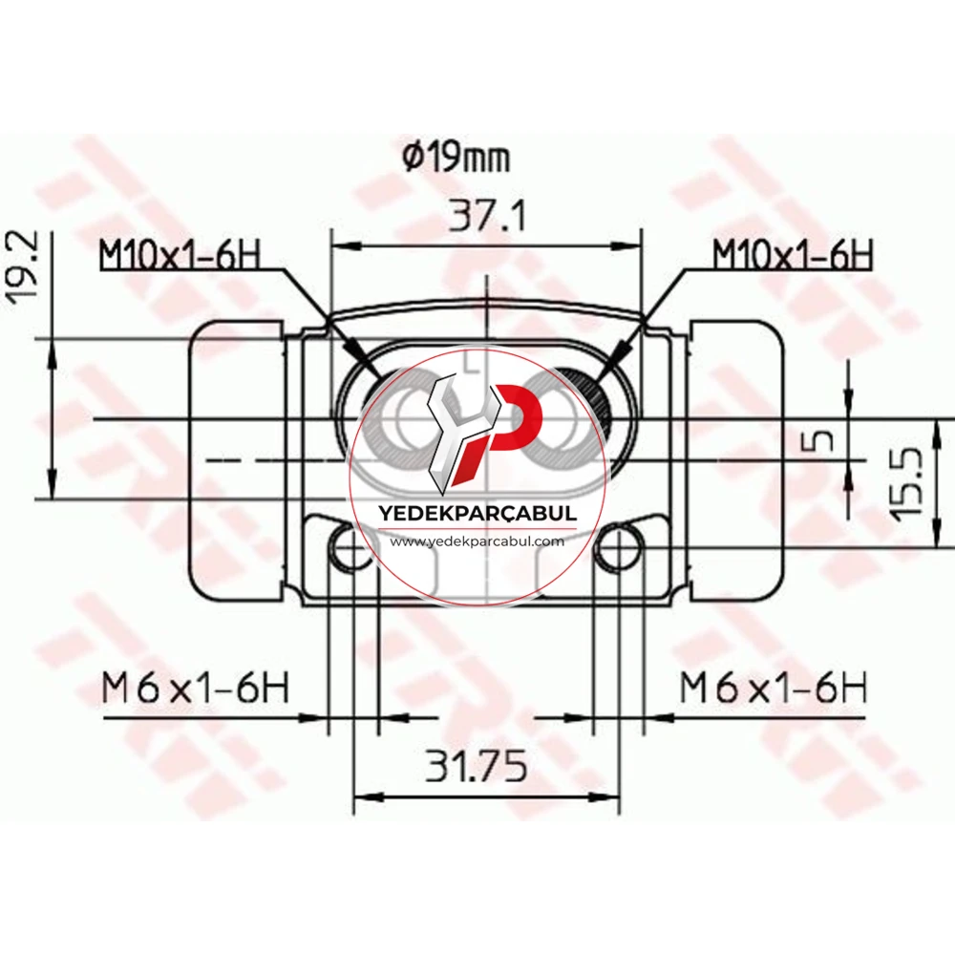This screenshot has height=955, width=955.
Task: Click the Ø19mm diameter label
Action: [456, 159]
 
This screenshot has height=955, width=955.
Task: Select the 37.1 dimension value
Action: [486, 216]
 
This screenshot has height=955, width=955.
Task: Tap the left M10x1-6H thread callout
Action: [180, 255]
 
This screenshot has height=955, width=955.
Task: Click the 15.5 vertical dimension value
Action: [907, 484]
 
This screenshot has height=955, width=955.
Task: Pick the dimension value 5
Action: [823, 438]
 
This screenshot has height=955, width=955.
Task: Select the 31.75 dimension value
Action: [476, 766]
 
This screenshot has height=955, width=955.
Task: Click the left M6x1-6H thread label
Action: [195, 688]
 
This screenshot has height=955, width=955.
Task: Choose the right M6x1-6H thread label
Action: [773, 688]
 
